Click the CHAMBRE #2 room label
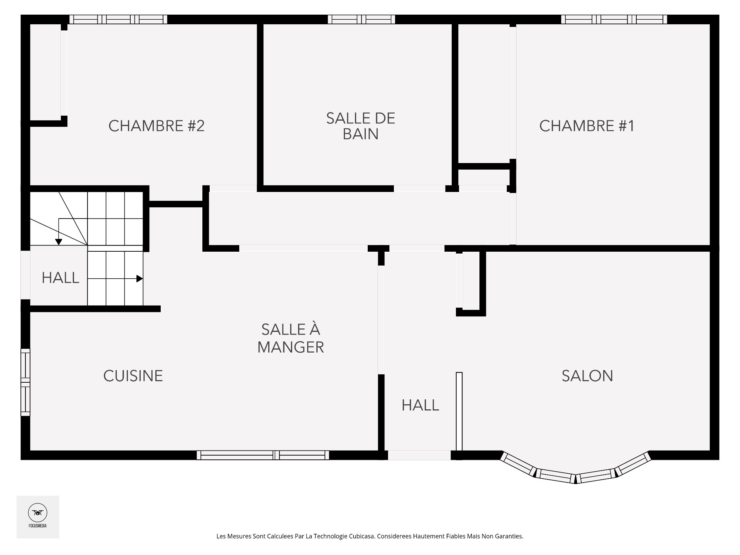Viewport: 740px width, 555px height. (156, 126)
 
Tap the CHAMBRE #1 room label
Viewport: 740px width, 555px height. (586, 126)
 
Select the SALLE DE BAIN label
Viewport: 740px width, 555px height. (360, 126)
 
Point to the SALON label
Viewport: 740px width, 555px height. (587, 376)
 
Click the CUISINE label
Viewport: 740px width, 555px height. (133, 376)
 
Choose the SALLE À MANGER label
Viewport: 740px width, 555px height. (291, 338)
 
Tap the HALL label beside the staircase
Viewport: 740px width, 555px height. (60, 278)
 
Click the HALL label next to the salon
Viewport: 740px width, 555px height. (420, 405)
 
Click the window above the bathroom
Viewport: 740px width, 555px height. (361, 19)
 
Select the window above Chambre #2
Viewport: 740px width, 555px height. (118, 19)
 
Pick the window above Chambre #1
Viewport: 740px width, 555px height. (614, 19)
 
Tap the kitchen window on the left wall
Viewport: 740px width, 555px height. (25, 382)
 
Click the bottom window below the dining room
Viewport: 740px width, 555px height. (263, 455)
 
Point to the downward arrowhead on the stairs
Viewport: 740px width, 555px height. (59, 242)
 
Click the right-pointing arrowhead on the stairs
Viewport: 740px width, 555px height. (140, 279)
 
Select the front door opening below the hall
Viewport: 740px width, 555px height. (419, 455)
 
